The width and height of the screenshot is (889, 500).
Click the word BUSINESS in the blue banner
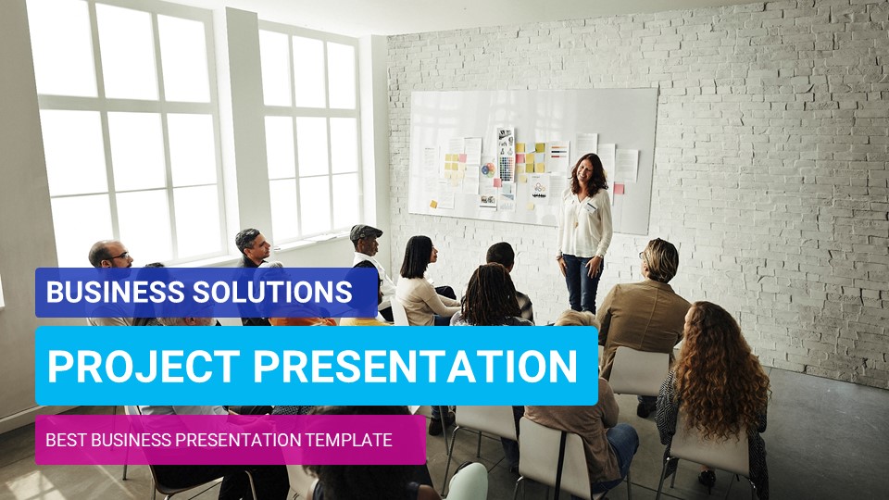coord(104,293)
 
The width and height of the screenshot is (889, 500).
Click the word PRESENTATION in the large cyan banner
coord(417,366)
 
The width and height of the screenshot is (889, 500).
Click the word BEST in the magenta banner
coord(65,440)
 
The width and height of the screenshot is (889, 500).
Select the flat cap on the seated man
coord(365,231)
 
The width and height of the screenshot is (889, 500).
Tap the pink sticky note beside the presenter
coord(619,189)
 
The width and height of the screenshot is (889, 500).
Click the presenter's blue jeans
coord(580,282)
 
